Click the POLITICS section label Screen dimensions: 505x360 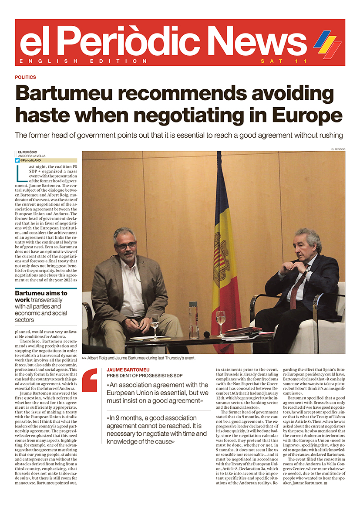point(25,77)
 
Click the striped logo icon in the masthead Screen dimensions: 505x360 point(327,44)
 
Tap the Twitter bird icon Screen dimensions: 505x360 point(17,160)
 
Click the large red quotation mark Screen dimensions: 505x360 point(90,380)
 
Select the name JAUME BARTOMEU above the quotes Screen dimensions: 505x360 point(125,369)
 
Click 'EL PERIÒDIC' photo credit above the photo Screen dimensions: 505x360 point(338,149)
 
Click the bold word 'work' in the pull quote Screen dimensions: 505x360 point(22,300)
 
